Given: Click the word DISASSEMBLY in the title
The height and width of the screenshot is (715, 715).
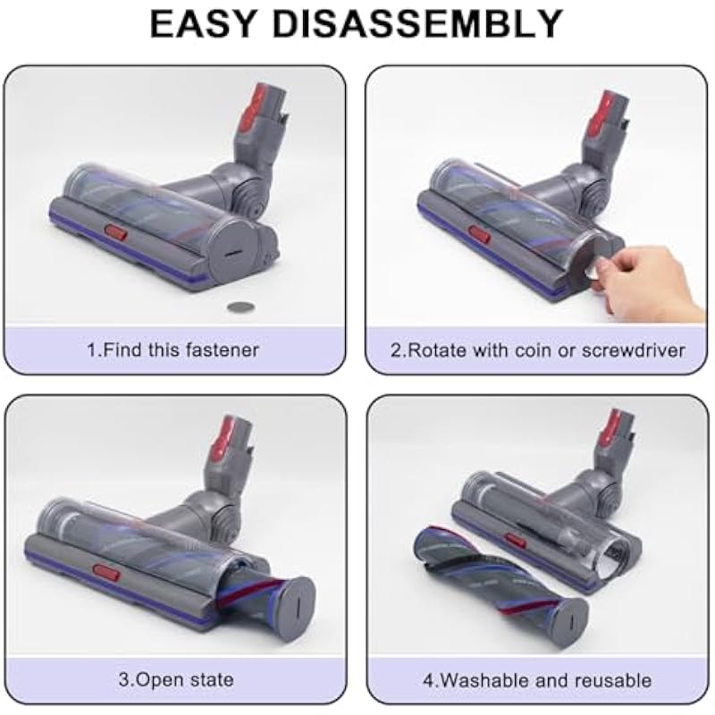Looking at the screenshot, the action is pyautogui.click(x=417, y=23).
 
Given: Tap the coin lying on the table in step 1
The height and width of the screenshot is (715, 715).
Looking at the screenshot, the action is pyautogui.click(x=240, y=307).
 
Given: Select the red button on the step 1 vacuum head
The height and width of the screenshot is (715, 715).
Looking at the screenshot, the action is pyautogui.click(x=116, y=232).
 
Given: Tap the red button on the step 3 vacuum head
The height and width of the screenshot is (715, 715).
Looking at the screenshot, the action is pyautogui.click(x=105, y=572).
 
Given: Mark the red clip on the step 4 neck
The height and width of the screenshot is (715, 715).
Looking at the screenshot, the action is pyautogui.click(x=615, y=428).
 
